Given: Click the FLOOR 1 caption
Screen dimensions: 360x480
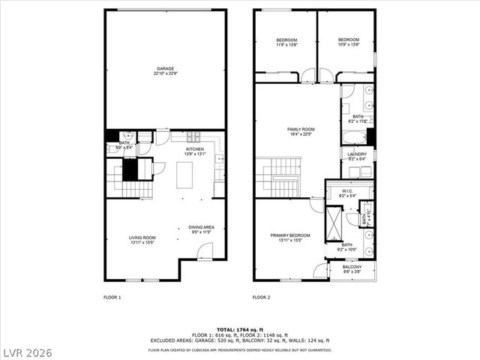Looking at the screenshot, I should [112, 298].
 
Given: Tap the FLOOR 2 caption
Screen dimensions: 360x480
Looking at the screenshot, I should [262, 298].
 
